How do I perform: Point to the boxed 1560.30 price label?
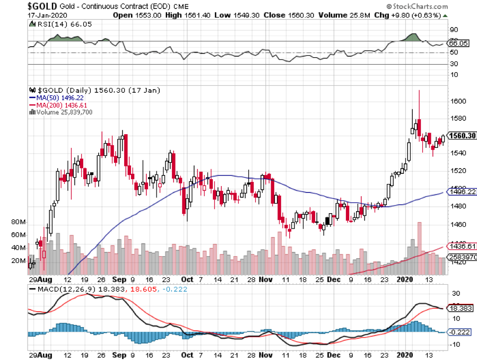coord(461,136)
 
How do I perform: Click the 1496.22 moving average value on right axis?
coord(461,192)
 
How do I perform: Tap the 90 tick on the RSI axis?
coord(454,30)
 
